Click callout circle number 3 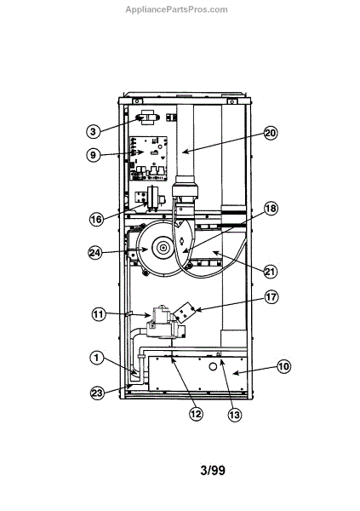(94, 131)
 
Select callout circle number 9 (94, 154)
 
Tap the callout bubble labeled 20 (271, 133)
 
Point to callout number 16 (96, 219)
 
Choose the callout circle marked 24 (95, 253)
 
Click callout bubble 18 (271, 209)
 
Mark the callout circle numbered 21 (270, 272)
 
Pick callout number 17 (271, 297)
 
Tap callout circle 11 (99, 315)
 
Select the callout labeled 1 (96, 359)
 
